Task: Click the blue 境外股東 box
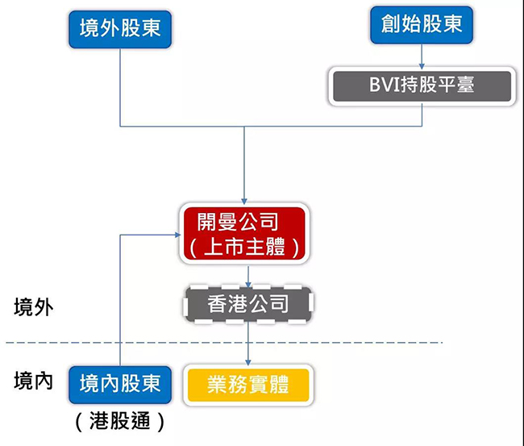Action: pyautogui.click(x=120, y=29)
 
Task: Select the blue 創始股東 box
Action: pyautogui.click(x=422, y=25)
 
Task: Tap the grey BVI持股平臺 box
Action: pyautogui.click(x=422, y=86)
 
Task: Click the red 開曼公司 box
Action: pyautogui.click(x=244, y=233)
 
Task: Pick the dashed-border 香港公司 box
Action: pyautogui.click(x=248, y=305)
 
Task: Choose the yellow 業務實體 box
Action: pyautogui.click(x=248, y=386)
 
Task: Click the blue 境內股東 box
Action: pyautogui.click(x=120, y=385)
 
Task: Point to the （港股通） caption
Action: pyautogui.click(x=120, y=421)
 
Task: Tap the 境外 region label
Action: pyautogui.click(x=33, y=307)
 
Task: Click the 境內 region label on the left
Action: pyautogui.click(x=33, y=381)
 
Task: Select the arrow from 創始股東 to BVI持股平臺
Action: pyautogui.click(x=422, y=56)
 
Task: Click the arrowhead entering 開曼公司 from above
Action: pyautogui.click(x=244, y=202)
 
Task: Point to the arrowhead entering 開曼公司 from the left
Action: pyautogui.click(x=178, y=235)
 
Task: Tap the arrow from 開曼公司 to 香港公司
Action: pyautogui.click(x=248, y=276)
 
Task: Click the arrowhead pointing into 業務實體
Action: pyautogui.click(x=248, y=362)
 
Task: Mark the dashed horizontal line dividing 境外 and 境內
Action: pyautogui.click(x=224, y=342)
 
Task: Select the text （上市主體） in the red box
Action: pyautogui.click(x=244, y=247)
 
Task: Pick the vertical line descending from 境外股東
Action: pyautogui.click(x=120, y=88)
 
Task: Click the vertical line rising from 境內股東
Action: pyautogui.click(x=120, y=301)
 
